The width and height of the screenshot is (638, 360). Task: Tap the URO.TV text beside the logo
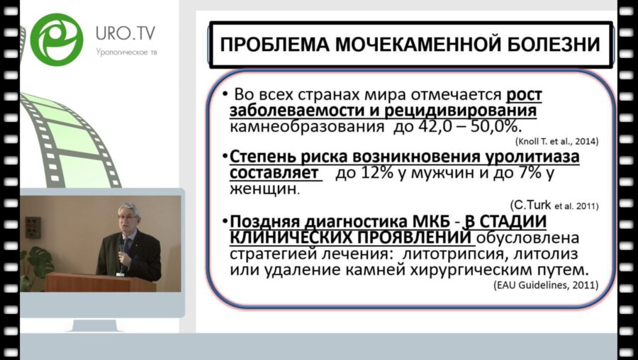click(x=126, y=33)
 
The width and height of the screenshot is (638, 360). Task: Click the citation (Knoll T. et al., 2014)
click(x=556, y=141)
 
